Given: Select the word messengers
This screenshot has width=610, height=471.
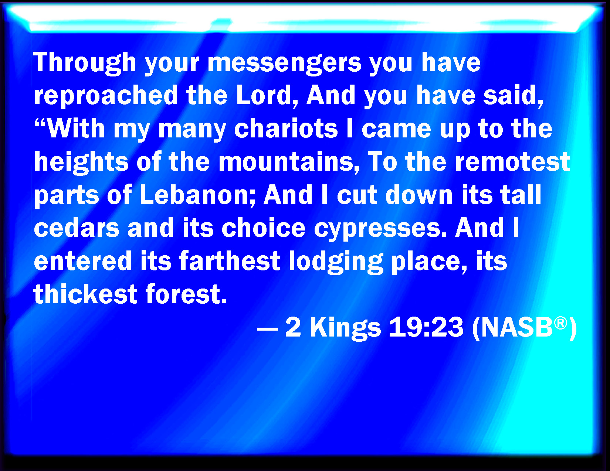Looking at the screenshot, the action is coord(285,64).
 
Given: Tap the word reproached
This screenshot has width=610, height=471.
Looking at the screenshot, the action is coord(106,96).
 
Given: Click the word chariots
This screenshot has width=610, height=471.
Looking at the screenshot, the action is coord(286,129).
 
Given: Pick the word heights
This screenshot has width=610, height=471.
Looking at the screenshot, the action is coord(81,163).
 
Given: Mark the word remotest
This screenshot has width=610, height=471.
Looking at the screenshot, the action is coord(513,163).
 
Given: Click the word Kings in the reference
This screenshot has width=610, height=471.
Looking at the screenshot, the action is coord(345,328).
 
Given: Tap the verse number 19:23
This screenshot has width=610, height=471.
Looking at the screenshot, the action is coord(426,327).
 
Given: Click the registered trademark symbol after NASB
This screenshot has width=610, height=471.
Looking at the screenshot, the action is coord(560,322).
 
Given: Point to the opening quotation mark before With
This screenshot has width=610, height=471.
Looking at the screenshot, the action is coord(41,123).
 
